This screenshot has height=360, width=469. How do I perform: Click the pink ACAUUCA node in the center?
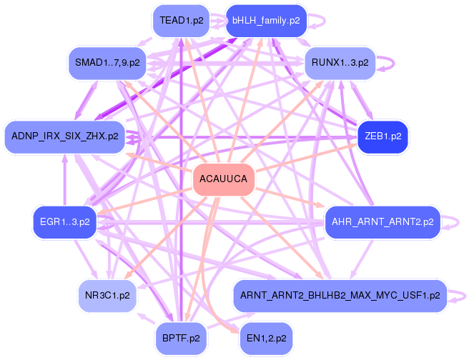pyautogui.click(x=224, y=179)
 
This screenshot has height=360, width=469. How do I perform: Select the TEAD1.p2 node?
pyautogui.click(x=182, y=21)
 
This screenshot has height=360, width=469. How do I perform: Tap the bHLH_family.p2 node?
pyautogui.click(x=267, y=21)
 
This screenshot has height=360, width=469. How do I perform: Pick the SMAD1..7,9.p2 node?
pyautogui.click(x=107, y=63)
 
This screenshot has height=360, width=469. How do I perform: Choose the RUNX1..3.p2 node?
pyautogui.click(x=340, y=63)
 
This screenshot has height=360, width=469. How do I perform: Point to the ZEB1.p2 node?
pyautogui.click(x=382, y=135)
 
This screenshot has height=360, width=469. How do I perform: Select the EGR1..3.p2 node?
pyautogui.click(x=65, y=222)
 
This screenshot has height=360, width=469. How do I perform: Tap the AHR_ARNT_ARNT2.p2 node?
pyautogui.click(x=382, y=222)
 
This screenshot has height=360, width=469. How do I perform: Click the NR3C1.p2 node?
pyautogui.click(x=107, y=294)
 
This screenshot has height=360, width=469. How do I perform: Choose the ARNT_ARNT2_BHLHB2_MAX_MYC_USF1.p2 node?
pyautogui.click(x=340, y=294)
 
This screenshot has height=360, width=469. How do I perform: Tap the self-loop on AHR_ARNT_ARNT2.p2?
pyautogui.click(x=453, y=222)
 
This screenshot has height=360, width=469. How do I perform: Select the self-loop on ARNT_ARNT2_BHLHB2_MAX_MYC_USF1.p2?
pyautogui.click(x=460, y=294)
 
